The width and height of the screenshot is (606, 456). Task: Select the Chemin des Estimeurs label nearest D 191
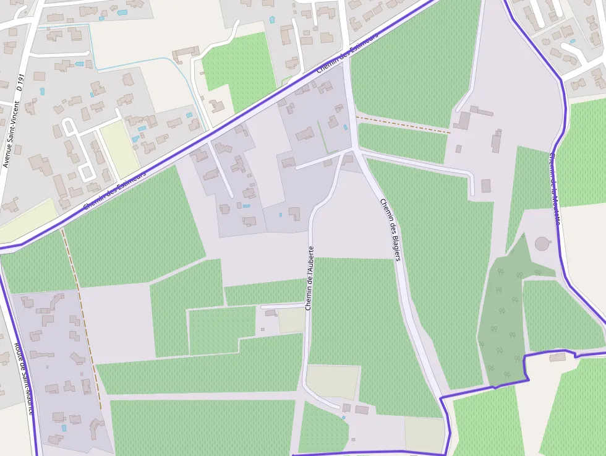click(x=115, y=191)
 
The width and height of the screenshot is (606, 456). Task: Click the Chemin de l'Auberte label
click(x=310, y=278)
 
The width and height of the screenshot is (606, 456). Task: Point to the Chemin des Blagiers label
click(x=390, y=229)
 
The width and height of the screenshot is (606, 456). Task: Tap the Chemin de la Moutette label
click(x=555, y=189)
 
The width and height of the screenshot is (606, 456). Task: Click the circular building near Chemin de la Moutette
click(x=542, y=243)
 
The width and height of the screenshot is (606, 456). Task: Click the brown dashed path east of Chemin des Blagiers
click(x=403, y=124)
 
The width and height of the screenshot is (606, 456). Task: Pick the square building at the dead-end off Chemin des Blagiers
click(x=485, y=186)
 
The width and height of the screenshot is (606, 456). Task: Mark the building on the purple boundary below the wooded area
click(x=557, y=357)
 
